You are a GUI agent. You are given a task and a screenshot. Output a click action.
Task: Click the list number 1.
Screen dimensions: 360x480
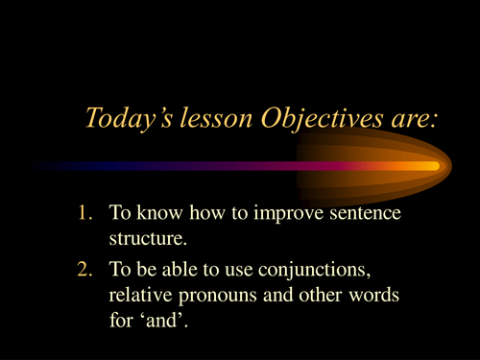pos(82,213)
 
